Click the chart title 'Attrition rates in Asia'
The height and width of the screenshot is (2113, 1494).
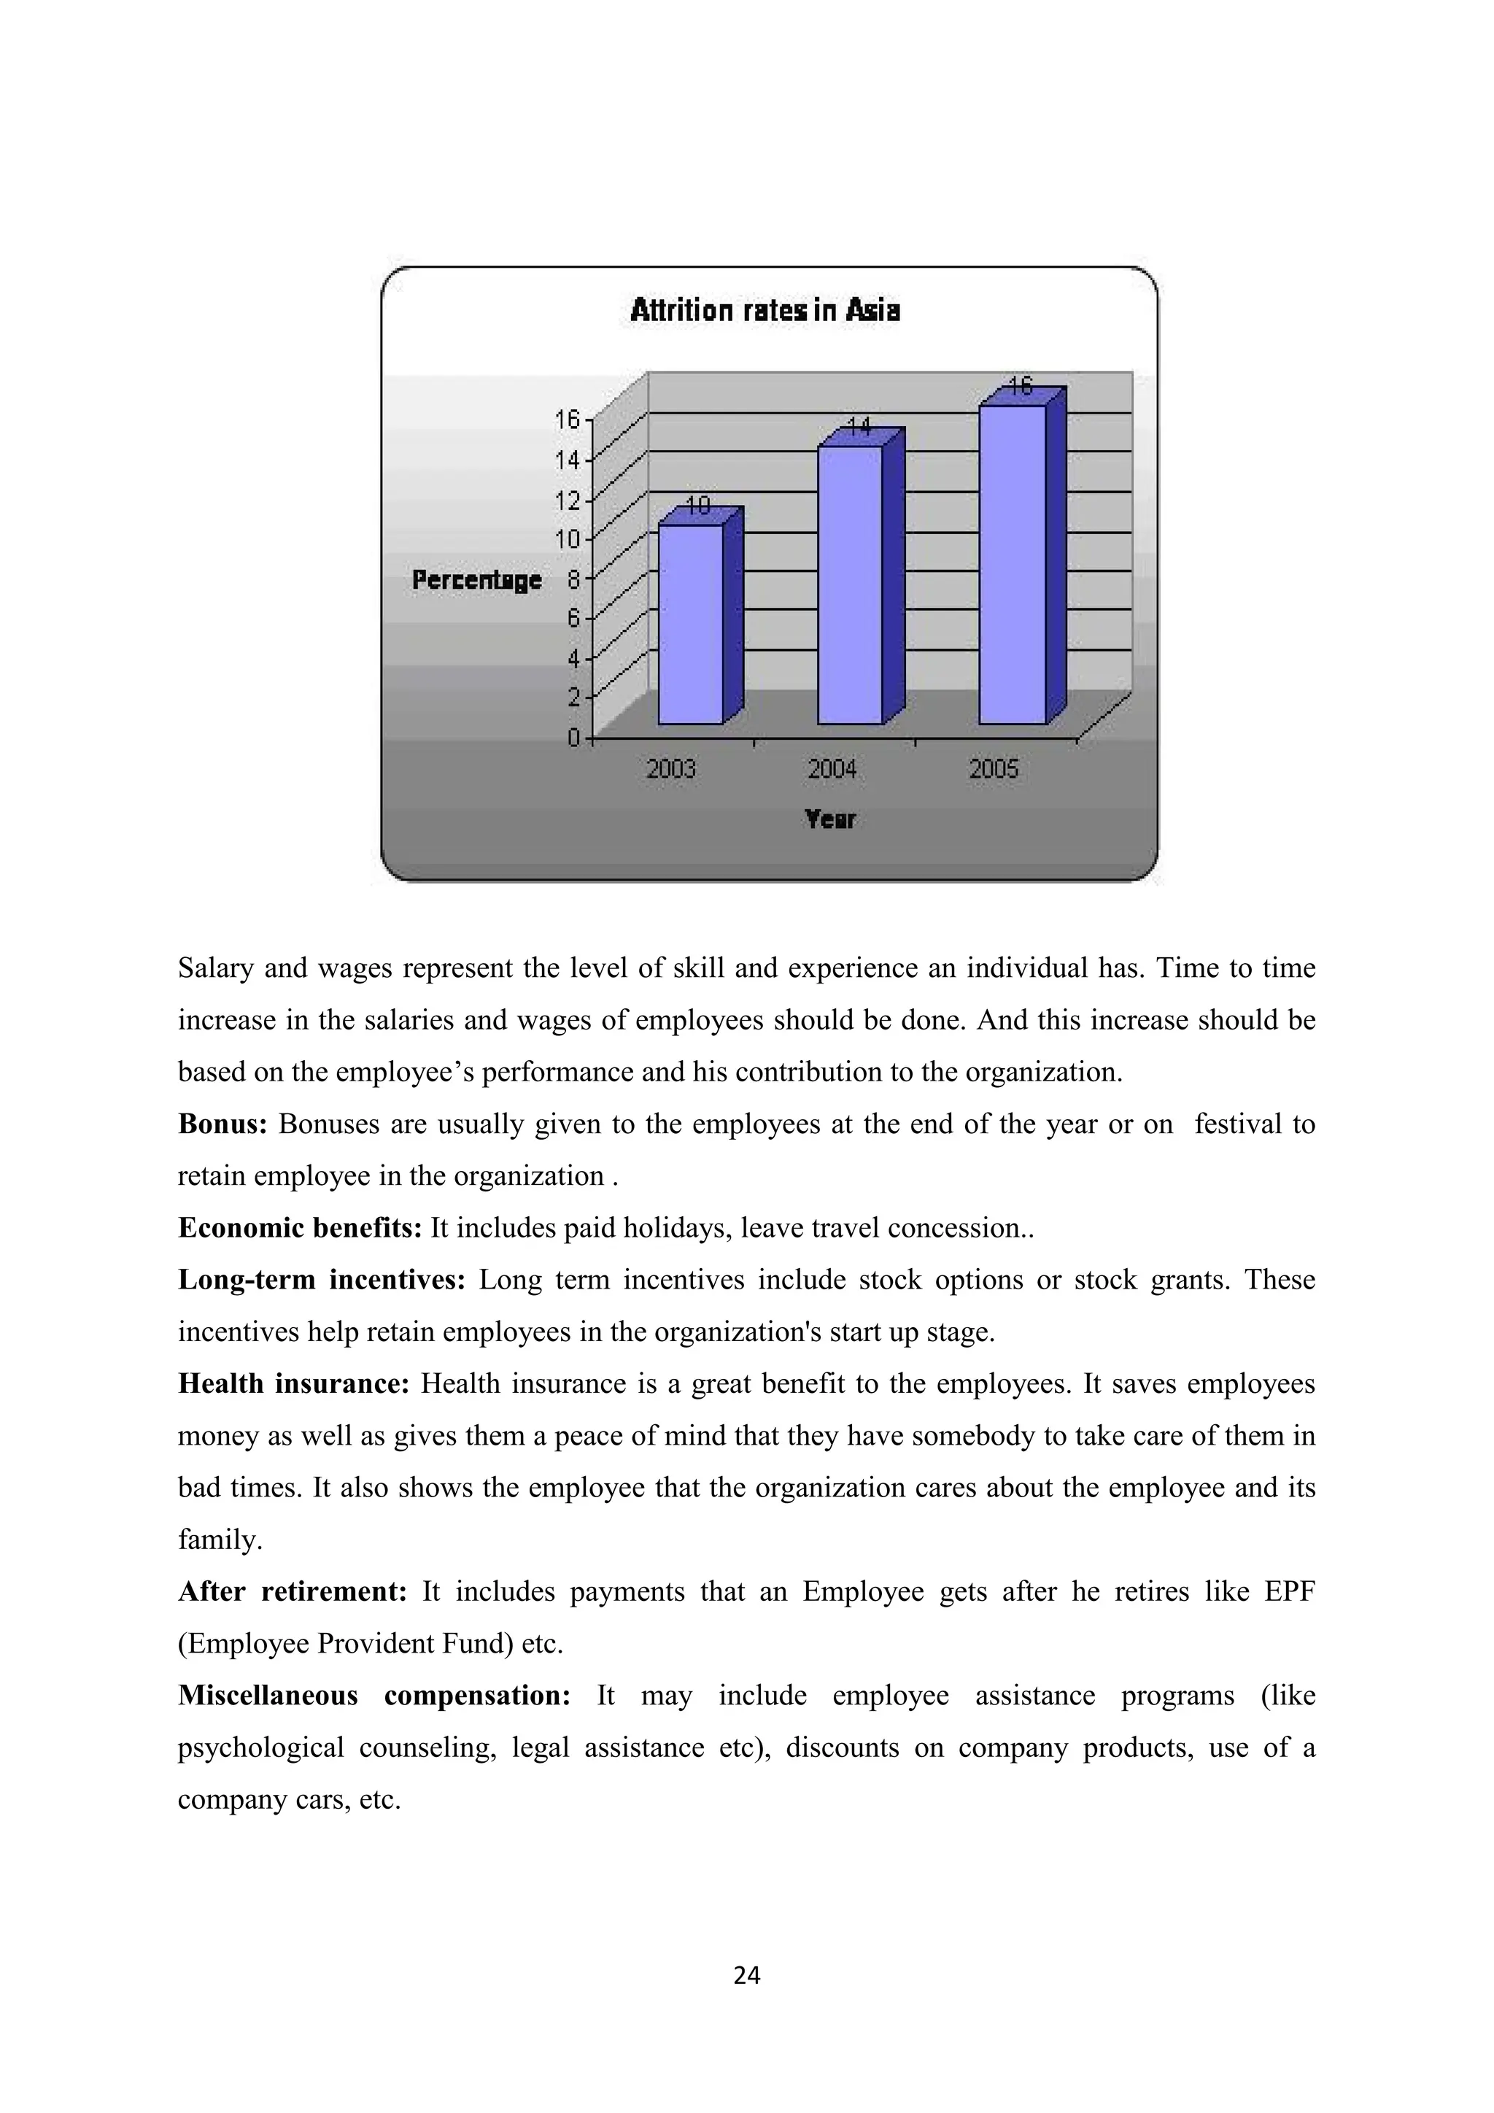765,310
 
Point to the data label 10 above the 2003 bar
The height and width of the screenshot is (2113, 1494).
698,505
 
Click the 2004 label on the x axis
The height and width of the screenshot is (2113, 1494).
832,768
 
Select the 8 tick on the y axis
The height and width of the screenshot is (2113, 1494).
573,580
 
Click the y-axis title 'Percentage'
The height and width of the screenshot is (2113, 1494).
476,580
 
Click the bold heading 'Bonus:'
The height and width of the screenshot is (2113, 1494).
222,1124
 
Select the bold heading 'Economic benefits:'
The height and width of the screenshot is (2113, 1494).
300,1229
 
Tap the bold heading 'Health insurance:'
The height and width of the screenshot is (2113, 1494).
293,1384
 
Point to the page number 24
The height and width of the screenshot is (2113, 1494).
747,1975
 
